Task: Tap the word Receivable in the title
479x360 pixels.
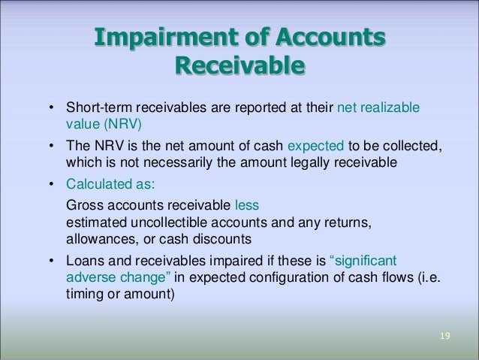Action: tap(240, 68)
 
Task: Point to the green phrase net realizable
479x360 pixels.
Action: tap(379, 111)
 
